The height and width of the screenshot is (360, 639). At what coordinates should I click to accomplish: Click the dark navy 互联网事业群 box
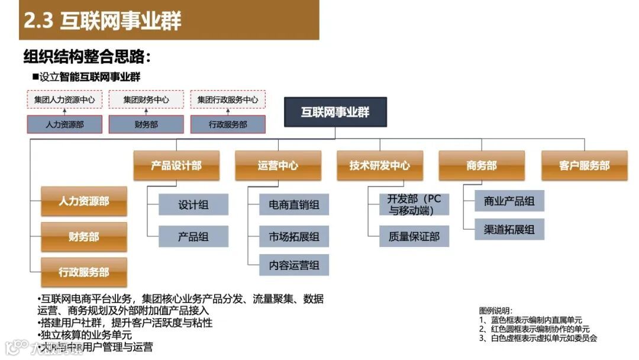tap(335, 112)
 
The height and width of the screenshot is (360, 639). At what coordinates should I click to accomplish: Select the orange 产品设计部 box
tap(176, 165)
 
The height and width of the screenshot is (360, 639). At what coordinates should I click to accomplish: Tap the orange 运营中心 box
tap(278, 165)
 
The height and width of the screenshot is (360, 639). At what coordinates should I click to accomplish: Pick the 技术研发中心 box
tap(380, 165)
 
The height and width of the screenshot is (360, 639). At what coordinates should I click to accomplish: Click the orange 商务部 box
tap(482, 165)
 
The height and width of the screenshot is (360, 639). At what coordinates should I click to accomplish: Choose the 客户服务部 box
tap(584, 165)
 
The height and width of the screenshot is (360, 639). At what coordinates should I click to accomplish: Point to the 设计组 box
tap(193, 205)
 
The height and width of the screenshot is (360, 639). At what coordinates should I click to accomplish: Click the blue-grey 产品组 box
tap(193, 236)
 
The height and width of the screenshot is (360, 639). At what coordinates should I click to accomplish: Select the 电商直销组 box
tap(294, 205)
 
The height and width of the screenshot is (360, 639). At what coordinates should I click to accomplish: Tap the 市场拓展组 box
tap(294, 236)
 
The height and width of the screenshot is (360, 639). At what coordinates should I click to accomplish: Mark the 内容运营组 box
tap(294, 265)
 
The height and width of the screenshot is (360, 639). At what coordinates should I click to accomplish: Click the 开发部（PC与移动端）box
tap(414, 204)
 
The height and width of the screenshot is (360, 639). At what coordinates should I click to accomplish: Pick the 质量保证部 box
tap(414, 236)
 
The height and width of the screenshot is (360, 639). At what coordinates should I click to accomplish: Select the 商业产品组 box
tap(509, 201)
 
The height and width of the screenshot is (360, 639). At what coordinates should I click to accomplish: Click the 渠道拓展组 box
tap(509, 229)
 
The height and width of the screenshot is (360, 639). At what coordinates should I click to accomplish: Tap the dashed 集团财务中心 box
tap(146, 99)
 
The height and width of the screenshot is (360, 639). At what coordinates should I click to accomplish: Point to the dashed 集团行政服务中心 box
tap(228, 99)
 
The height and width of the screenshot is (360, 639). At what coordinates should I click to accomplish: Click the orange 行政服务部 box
tap(84, 272)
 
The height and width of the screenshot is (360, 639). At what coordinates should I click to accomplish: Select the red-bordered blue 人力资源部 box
tap(64, 124)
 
